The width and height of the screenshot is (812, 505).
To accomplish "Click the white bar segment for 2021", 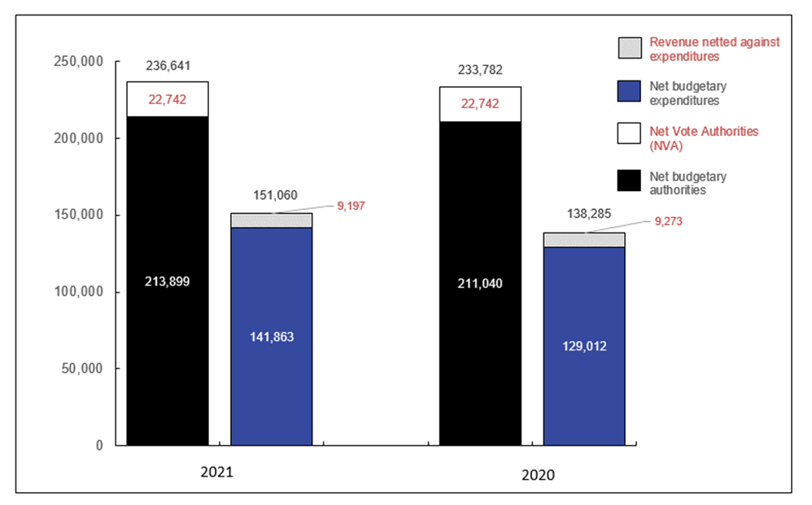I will [167, 99].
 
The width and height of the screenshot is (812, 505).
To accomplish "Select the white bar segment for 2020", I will [480, 104].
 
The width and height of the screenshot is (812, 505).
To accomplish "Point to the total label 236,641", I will [168, 66].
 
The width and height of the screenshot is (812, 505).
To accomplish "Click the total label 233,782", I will [481, 71].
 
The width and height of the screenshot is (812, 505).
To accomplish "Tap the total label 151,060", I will [272, 195].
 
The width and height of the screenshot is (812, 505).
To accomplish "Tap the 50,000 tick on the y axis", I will [81, 368].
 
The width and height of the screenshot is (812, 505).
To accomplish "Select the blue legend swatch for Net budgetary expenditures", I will [630, 92].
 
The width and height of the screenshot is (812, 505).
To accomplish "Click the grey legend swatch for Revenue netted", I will [630, 47].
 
